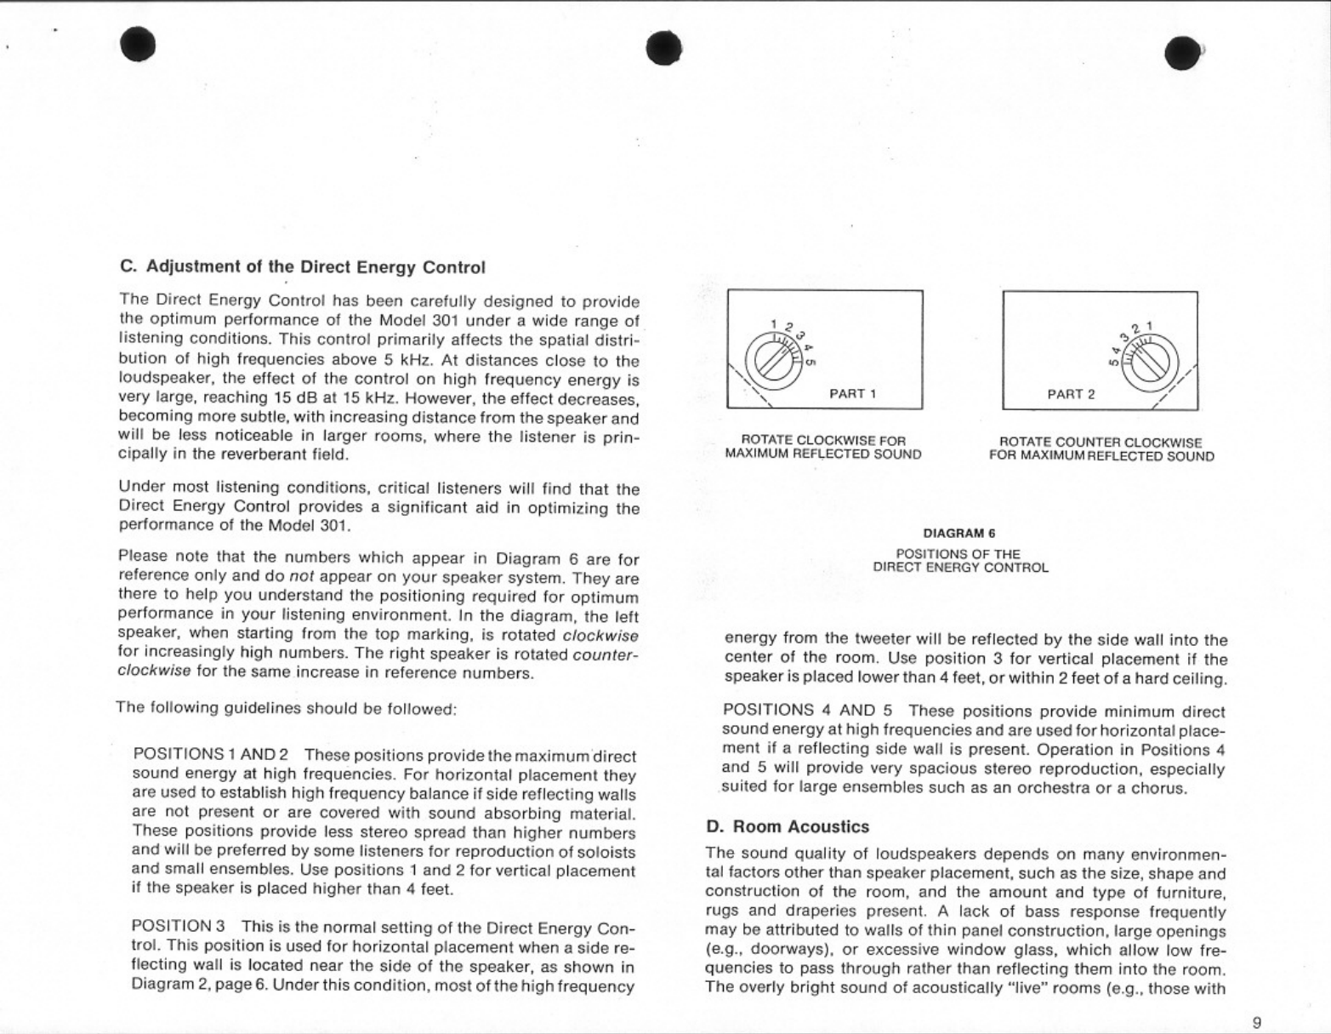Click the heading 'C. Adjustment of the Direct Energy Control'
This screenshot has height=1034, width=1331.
click(303, 267)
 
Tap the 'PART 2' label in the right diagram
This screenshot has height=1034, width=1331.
click(1071, 394)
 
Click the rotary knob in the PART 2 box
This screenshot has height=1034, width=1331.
click(1153, 358)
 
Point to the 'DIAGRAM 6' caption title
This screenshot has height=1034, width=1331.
click(959, 534)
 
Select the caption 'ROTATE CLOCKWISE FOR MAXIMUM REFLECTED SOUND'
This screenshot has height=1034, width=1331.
click(822, 448)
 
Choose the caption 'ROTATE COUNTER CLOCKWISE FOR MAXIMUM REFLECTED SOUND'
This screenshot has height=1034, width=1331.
click(1101, 448)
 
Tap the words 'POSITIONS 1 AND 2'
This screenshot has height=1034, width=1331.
click(211, 755)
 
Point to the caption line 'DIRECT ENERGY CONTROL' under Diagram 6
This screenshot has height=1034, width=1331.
click(960, 567)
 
